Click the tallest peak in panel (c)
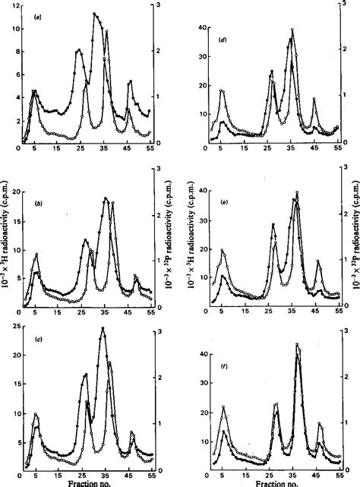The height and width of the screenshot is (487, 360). (x=103, y=329)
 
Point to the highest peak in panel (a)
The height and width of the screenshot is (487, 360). (x=94, y=14)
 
